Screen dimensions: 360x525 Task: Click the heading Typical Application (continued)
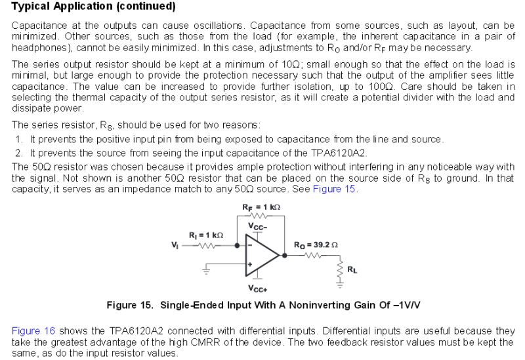(94, 7)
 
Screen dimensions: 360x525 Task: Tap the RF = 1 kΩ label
(262, 207)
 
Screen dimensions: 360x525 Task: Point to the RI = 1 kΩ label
(206, 235)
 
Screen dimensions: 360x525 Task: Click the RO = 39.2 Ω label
(316, 245)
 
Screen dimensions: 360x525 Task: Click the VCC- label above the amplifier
(257, 226)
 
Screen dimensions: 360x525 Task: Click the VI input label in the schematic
(175, 247)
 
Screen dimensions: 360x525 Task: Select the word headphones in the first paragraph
(38, 48)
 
